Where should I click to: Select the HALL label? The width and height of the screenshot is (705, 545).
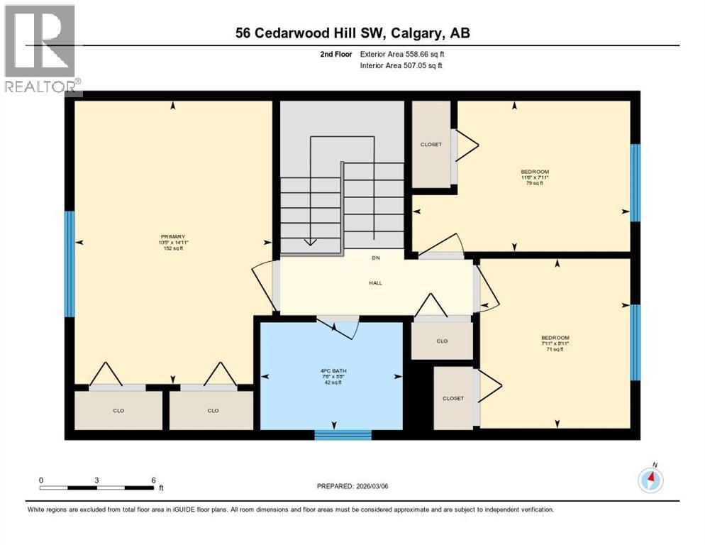click(x=375, y=282)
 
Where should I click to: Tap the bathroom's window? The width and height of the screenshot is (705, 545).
click(x=343, y=434)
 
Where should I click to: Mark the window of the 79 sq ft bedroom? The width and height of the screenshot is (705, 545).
click(x=635, y=182)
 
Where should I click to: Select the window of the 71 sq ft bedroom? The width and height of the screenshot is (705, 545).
click(x=635, y=342)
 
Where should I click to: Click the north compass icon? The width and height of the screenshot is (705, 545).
click(x=650, y=480)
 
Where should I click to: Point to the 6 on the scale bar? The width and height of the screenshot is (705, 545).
click(x=153, y=480)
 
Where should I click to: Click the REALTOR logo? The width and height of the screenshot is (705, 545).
click(x=41, y=50)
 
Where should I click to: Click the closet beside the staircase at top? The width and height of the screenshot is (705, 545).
click(x=431, y=145)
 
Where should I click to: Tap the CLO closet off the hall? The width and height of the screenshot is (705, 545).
click(x=443, y=341)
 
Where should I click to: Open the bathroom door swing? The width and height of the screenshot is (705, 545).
click(x=338, y=326)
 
